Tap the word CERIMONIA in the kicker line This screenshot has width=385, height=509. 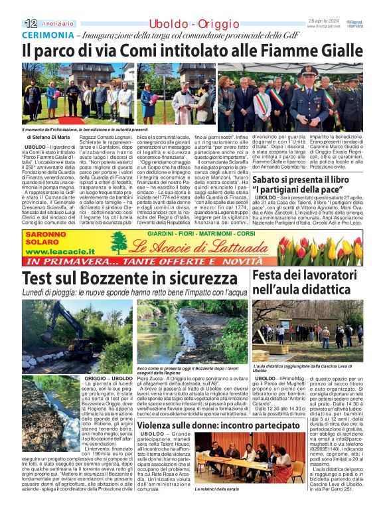45,35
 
